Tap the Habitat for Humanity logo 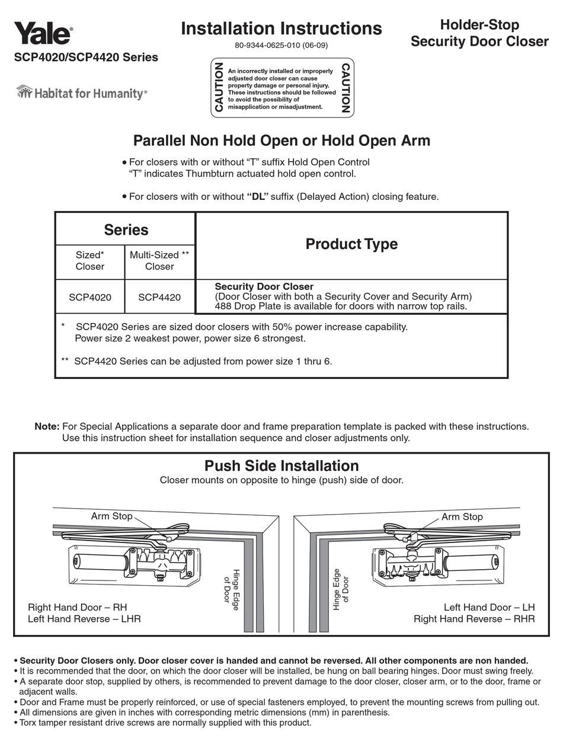click(x=81, y=93)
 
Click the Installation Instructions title click(x=281, y=28)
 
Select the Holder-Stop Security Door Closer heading click(x=479, y=33)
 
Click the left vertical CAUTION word click(x=219, y=87)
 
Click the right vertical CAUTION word click(x=346, y=87)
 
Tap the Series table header click(x=126, y=229)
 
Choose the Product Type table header click(x=351, y=244)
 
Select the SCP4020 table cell click(x=89, y=297)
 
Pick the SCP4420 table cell click(x=159, y=297)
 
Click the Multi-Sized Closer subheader click(x=159, y=261)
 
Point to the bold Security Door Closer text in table click(x=264, y=286)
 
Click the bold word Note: click(x=47, y=426)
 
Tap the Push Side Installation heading click(x=281, y=465)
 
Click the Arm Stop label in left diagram click(x=111, y=516)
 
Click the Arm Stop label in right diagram click(x=462, y=517)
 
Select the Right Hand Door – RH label click(x=78, y=608)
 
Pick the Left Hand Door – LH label click(x=489, y=608)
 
